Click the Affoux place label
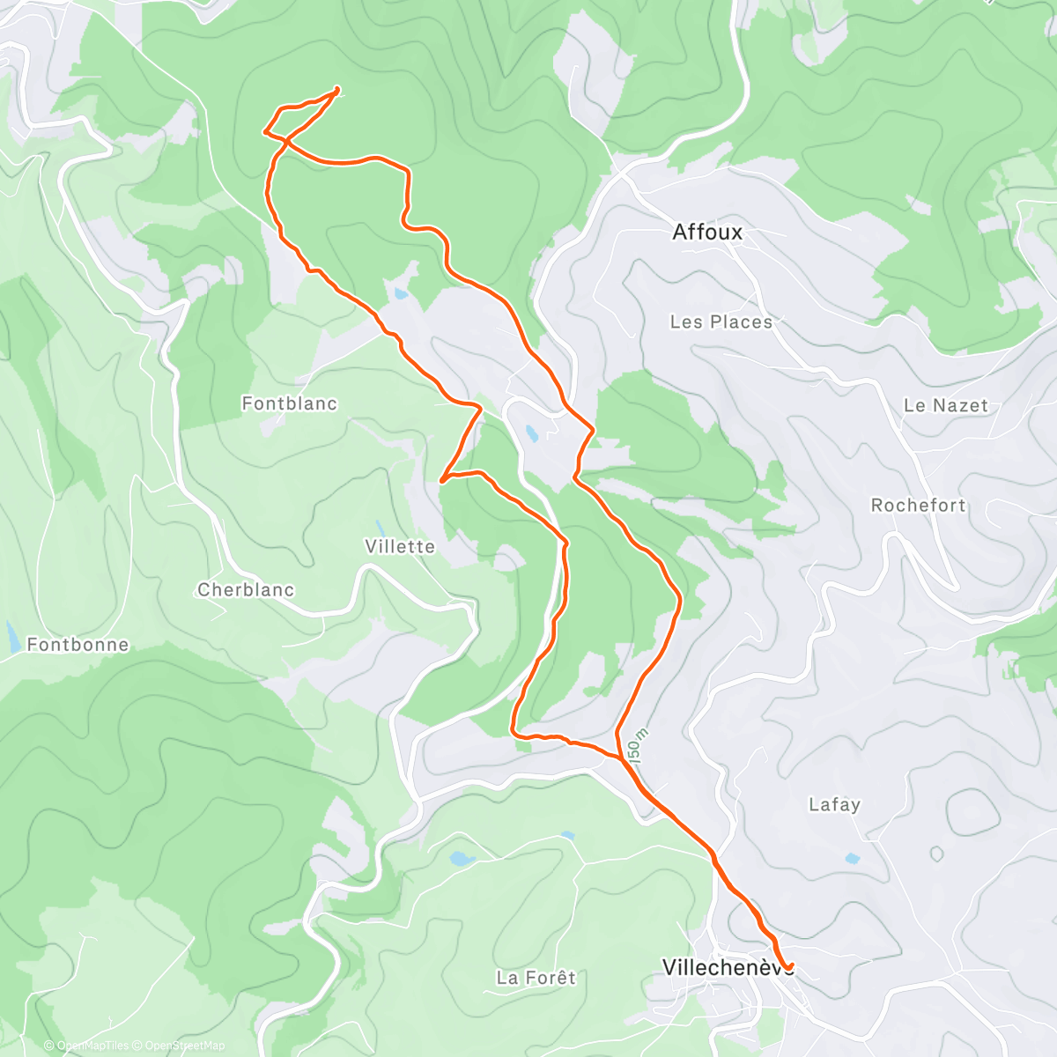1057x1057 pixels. [x=707, y=232]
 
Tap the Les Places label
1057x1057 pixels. [x=721, y=322]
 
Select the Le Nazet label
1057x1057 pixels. [x=945, y=405]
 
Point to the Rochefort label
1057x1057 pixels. [x=918, y=505]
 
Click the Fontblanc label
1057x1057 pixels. [x=289, y=403]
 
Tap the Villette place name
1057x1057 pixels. [x=400, y=546]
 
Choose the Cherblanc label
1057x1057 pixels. [x=246, y=589]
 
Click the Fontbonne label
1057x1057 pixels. [x=78, y=644]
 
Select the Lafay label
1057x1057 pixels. [x=834, y=803]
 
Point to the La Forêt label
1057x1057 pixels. [x=536, y=977]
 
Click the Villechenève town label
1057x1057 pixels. [x=722, y=966]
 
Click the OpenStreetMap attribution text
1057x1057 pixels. [x=184, y=1046]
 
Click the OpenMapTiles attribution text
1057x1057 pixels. [x=92, y=1046]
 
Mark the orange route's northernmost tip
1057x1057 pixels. [x=338, y=88]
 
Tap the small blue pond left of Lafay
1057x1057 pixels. [x=851, y=858]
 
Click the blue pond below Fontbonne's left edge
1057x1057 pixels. [x=11, y=636]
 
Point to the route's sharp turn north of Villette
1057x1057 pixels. [x=441, y=479]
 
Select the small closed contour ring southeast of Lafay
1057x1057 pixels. [x=936, y=853]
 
